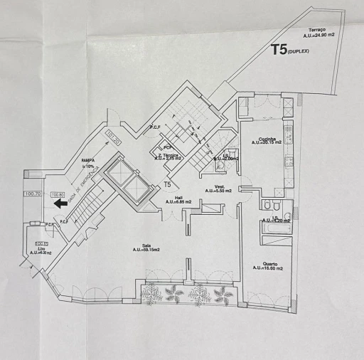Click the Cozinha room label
click(x=267, y=138)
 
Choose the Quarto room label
click(x=267, y=263)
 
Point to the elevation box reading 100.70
click(x=33, y=194)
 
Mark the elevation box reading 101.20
click(x=112, y=134)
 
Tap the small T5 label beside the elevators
click(x=167, y=184)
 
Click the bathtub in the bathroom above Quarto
click(x=273, y=228)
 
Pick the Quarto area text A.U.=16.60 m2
click(x=267, y=268)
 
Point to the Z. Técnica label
click(x=168, y=154)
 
